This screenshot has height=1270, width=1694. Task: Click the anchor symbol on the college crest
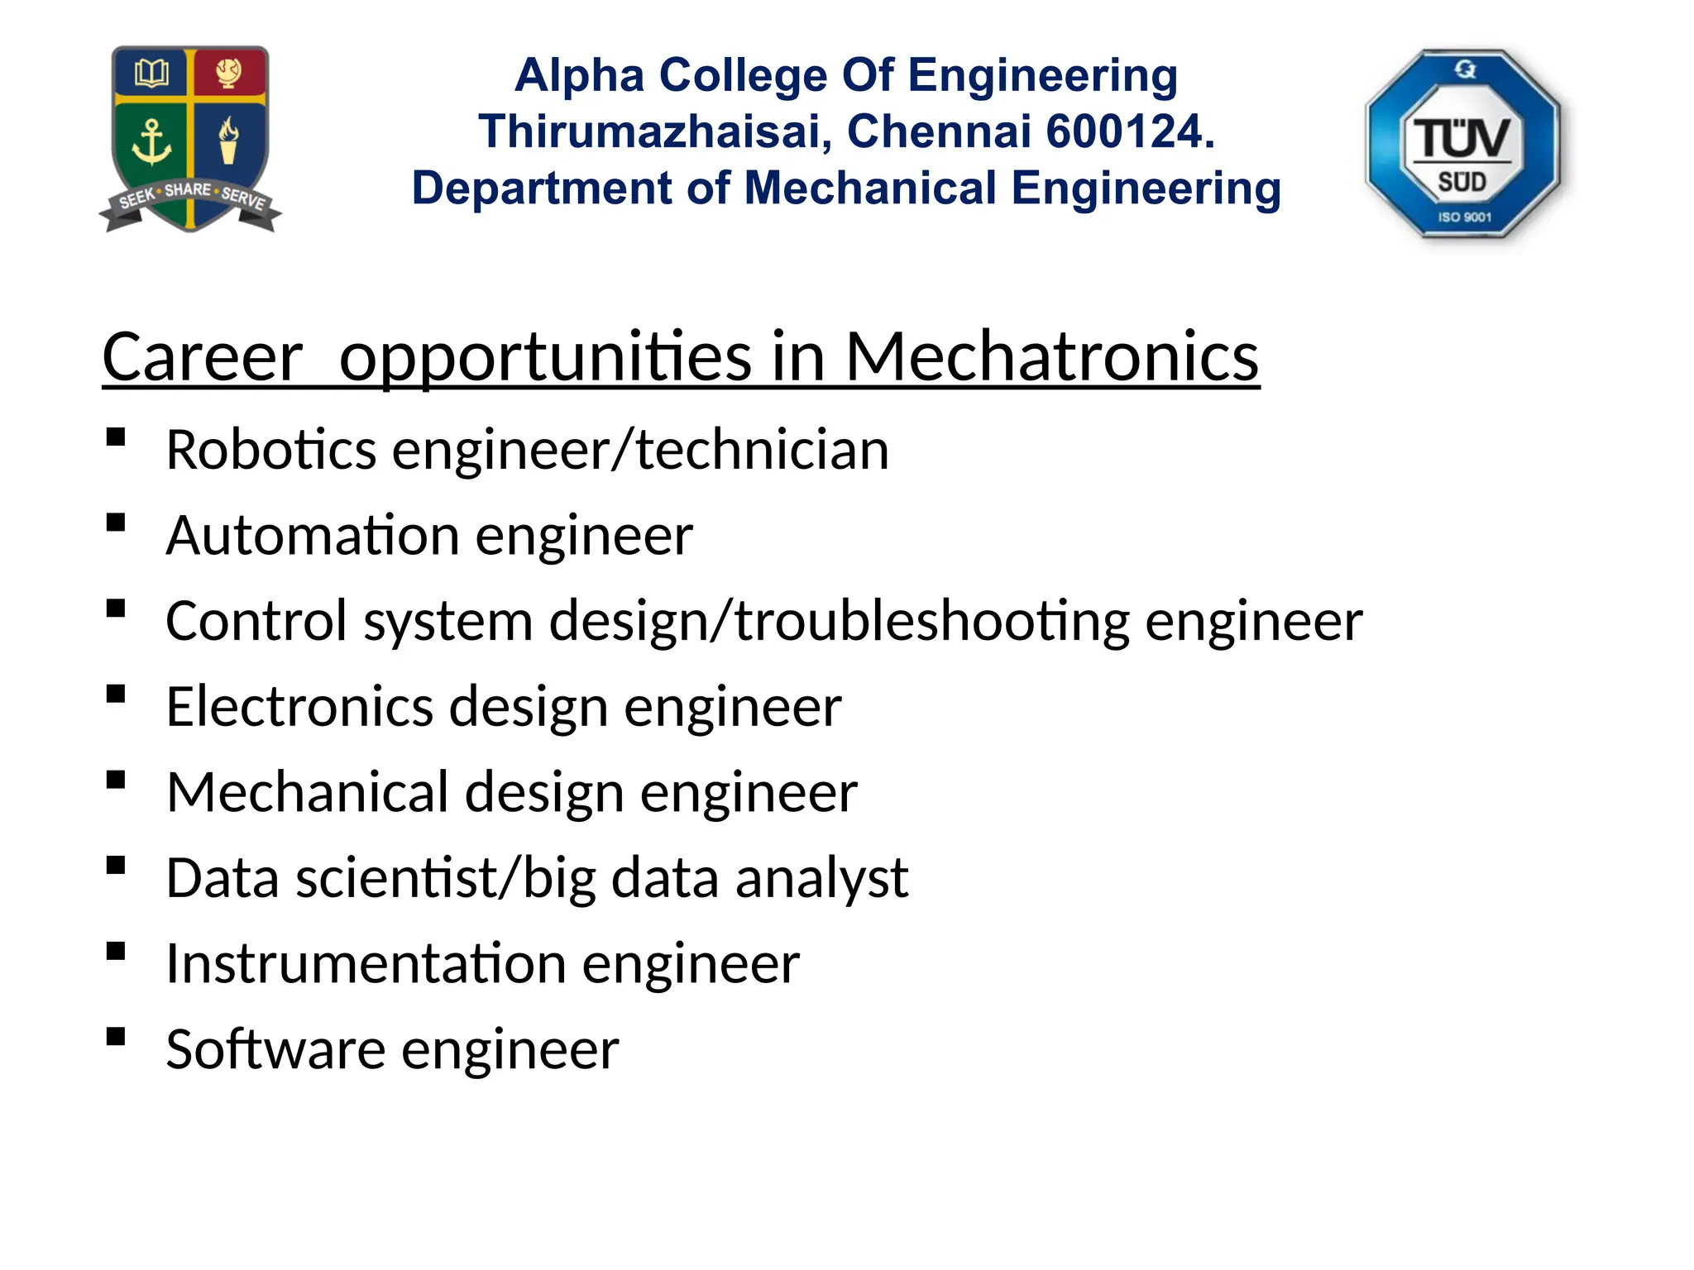point(151,142)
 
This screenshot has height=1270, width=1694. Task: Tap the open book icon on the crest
point(151,74)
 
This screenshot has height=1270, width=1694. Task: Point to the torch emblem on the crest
point(228,141)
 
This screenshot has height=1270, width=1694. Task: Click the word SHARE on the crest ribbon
point(188,190)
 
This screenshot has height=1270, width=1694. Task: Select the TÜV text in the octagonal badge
point(1462,138)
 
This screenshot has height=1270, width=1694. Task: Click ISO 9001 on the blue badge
point(1464,217)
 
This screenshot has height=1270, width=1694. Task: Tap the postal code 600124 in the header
point(1130,131)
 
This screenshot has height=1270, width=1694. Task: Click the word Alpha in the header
point(579,75)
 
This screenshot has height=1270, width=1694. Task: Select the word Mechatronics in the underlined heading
point(1051,356)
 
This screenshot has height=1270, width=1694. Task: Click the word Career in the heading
point(203,356)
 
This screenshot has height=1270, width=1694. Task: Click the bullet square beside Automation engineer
point(116,523)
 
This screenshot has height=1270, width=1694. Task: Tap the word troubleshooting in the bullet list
point(931,621)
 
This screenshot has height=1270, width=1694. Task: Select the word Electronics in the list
point(299,707)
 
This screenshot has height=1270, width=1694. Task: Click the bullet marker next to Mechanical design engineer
point(116,780)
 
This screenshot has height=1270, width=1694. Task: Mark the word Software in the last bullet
point(275,1050)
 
